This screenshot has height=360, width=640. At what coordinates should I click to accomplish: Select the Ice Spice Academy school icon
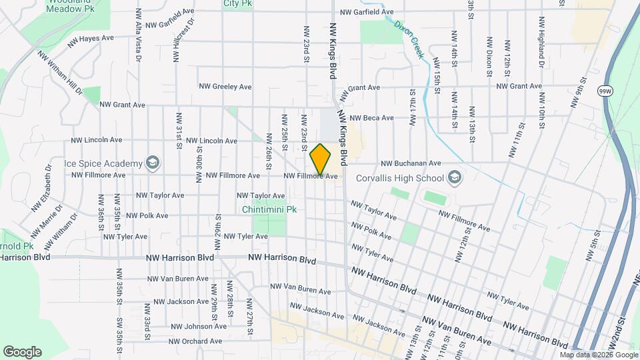coord(153,163)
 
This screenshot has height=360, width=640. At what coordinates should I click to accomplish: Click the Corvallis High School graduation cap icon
coord(455,177)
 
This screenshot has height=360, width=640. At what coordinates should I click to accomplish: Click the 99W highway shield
coord(604,91)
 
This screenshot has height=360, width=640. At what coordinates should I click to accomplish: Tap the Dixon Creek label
coord(408,39)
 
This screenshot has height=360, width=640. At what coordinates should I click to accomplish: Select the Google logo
coord(22,352)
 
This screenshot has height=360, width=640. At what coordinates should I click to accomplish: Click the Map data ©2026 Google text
coord(599,355)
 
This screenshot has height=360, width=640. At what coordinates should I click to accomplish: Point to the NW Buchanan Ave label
coord(411,163)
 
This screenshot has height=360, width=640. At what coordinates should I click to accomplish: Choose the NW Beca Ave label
coord(371,118)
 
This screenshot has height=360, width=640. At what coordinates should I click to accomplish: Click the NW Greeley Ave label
coord(225,87)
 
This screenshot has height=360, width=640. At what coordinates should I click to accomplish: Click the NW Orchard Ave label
coord(195,341)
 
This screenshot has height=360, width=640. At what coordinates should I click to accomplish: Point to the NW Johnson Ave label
coord(197,327)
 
